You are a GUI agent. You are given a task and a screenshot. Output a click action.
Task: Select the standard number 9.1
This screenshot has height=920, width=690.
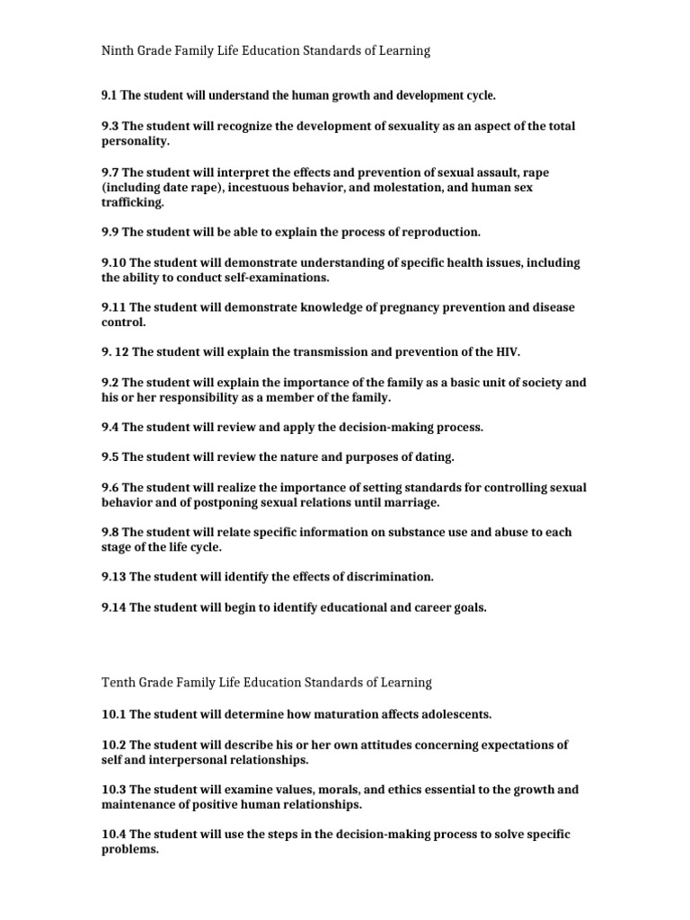point(109,95)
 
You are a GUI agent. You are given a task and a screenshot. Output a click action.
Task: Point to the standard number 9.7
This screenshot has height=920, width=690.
point(109,172)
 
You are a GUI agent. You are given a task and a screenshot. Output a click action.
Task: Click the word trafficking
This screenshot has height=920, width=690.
point(132,203)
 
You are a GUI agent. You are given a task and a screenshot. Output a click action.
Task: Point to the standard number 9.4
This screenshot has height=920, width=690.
point(109,428)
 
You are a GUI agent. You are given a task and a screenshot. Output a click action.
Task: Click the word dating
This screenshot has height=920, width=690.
point(430,457)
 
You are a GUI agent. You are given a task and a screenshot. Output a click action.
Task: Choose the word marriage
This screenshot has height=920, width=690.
point(411,501)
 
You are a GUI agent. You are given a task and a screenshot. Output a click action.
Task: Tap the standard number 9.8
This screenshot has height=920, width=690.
point(109,533)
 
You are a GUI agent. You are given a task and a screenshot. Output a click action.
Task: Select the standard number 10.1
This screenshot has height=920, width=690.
point(113,714)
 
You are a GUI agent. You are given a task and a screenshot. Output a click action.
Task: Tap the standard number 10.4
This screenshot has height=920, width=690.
point(113,835)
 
